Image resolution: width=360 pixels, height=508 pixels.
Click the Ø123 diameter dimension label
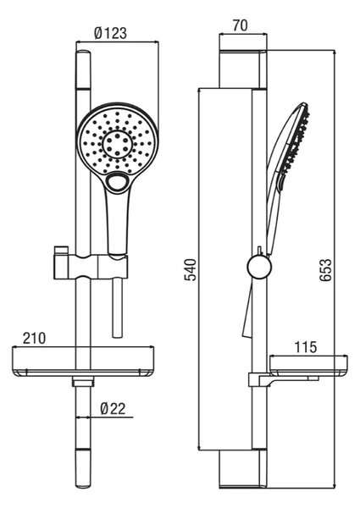tap(110, 33)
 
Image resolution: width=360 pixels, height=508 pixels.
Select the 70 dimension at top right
tap(240, 25)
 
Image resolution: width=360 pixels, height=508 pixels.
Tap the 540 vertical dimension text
tap(191, 269)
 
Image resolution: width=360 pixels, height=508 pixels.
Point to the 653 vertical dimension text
tap(325, 269)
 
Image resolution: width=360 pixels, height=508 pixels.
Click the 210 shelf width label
tap(35, 338)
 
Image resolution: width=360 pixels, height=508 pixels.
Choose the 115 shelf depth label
tap(306, 347)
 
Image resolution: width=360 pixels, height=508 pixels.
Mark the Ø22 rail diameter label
tap(113, 409)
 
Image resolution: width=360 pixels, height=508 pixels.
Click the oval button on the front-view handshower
tap(116, 182)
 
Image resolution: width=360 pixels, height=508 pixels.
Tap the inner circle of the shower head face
tap(117, 145)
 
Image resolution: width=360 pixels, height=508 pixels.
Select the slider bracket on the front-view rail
tap(91, 267)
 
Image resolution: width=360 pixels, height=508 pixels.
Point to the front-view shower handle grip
tap(118, 224)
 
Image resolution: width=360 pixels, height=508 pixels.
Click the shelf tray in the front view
tap(83, 362)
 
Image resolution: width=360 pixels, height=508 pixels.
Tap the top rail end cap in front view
tap(83, 69)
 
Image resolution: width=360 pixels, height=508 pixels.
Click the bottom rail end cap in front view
tap(83, 468)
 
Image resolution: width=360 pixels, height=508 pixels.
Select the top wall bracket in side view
tap(243, 69)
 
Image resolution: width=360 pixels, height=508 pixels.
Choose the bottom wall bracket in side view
tap(243, 469)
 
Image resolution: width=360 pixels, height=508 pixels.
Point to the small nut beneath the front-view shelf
tap(83, 382)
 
